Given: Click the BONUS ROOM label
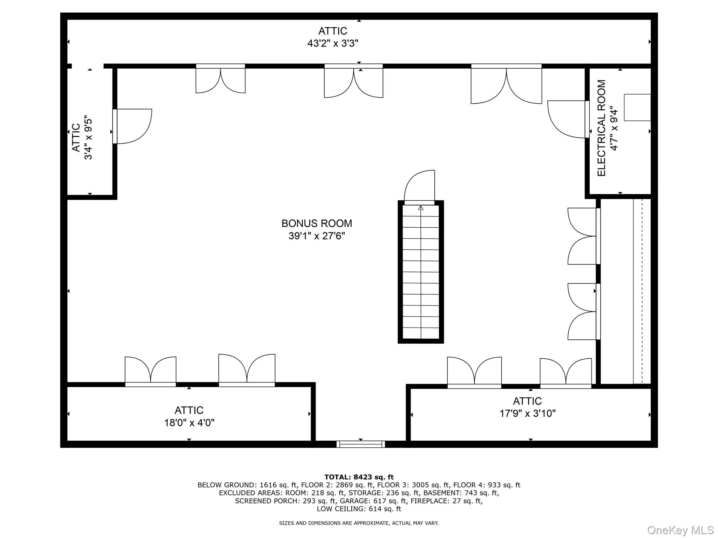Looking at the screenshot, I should pyautogui.click(x=317, y=223).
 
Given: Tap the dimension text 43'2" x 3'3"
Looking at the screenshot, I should pyautogui.click(x=333, y=43).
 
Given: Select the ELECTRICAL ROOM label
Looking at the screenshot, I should pyautogui.click(x=602, y=128).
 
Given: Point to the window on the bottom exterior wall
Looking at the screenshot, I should pyautogui.click(x=360, y=444).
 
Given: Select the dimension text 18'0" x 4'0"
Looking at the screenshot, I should pyautogui.click(x=189, y=423).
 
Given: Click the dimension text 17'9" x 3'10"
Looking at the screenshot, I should pyautogui.click(x=528, y=414).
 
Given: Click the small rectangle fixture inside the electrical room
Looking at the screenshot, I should pyautogui.click(x=637, y=108).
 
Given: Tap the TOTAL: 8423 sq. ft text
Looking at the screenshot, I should pyautogui.click(x=359, y=477).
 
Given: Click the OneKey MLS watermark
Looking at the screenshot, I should pyautogui.click(x=680, y=530).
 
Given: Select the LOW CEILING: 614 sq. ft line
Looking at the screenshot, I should pyautogui.click(x=359, y=509).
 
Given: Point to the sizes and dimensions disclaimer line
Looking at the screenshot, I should pyautogui.click(x=359, y=523).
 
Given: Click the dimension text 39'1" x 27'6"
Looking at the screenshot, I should pyautogui.click(x=317, y=236).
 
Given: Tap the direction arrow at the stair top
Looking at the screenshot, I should pyautogui.click(x=421, y=208).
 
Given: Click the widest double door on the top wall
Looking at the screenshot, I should pyautogui.click(x=506, y=84).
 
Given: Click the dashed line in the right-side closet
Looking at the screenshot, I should pyautogui.click(x=642, y=291).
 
